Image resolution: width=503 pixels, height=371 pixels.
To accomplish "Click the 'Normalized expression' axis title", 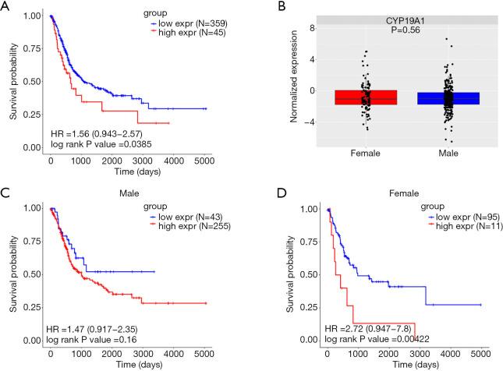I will (288, 82).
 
